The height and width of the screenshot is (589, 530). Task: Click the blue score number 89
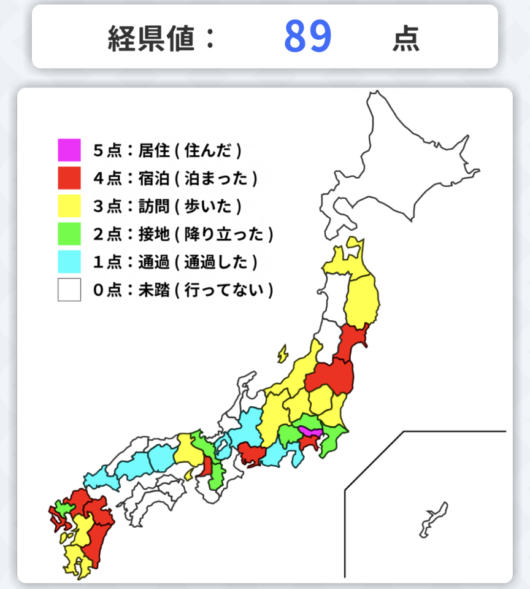308,36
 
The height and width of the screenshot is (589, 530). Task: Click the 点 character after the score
406,38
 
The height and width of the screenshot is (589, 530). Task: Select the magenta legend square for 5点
69,150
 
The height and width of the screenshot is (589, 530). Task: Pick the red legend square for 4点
69,178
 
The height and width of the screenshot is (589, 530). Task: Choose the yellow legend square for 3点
69,206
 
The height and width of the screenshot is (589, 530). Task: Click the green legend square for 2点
69,234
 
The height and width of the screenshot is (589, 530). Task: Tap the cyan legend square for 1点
69,262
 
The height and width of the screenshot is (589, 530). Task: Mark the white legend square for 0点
69,290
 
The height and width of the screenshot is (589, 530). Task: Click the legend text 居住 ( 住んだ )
190,150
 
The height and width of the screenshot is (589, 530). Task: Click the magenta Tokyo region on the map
309,433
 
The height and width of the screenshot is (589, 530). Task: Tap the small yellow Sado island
282,353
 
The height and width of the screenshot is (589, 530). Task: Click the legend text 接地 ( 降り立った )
205,234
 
